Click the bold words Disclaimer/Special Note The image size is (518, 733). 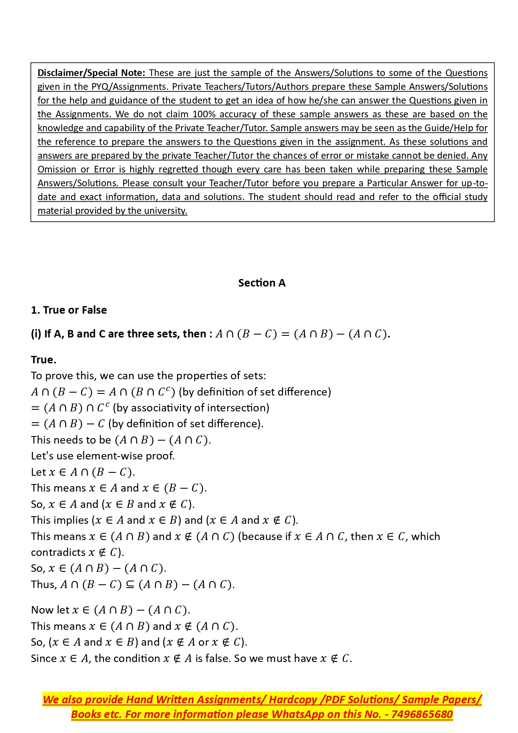(91, 73)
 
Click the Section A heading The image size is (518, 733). (262, 283)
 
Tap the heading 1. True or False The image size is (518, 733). (69, 310)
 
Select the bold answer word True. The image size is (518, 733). (43, 360)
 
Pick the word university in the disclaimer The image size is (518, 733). (166, 211)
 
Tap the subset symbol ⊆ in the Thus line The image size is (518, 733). (130, 585)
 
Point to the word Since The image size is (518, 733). (44, 659)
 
